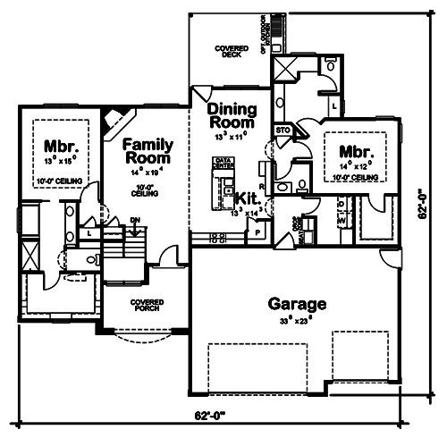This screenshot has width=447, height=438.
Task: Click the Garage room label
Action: pos(298,304)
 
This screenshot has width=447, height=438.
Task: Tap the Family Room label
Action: pos(148,149)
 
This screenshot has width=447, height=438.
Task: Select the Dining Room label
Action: pos(232,117)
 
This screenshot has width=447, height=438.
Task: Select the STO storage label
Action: pos(283,130)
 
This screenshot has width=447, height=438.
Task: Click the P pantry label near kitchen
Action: pos(257,231)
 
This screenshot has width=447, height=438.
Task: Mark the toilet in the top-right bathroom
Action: pos(331,67)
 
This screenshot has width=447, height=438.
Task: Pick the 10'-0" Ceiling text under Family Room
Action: pos(145,190)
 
